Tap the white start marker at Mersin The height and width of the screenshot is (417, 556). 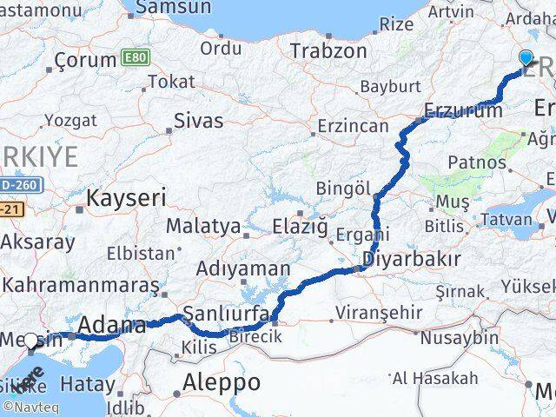pos(32,341)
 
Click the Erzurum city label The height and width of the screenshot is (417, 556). pos(463,110)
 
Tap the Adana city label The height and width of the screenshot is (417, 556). pos(112,326)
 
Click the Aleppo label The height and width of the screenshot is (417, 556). pos(222,382)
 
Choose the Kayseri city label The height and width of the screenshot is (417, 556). pos(126,198)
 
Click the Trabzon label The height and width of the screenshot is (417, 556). pos(328,51)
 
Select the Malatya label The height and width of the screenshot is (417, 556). pos(204,226)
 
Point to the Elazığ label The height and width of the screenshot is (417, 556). pos(299,227)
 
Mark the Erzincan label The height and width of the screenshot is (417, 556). pos(353,127)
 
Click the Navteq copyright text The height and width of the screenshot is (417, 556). pos(30,406)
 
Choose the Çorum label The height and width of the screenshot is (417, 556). pos(85,60)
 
